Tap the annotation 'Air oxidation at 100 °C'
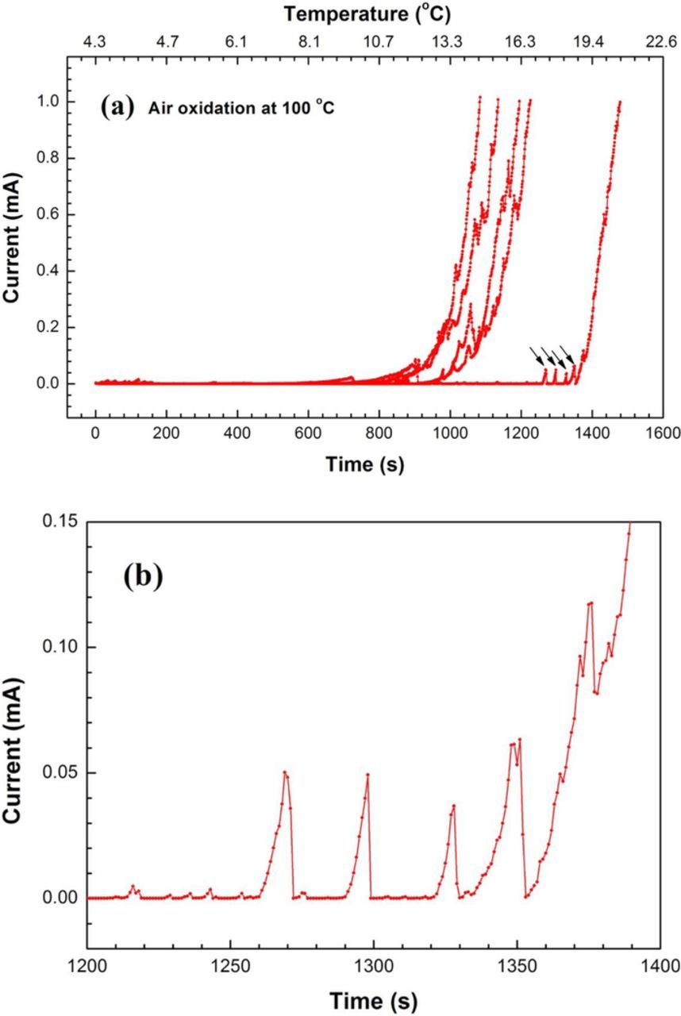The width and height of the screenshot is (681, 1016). tap(241, 109)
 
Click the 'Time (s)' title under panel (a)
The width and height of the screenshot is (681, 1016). tap(365, 464)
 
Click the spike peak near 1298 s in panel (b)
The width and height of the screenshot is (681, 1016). tap(367, 774)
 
